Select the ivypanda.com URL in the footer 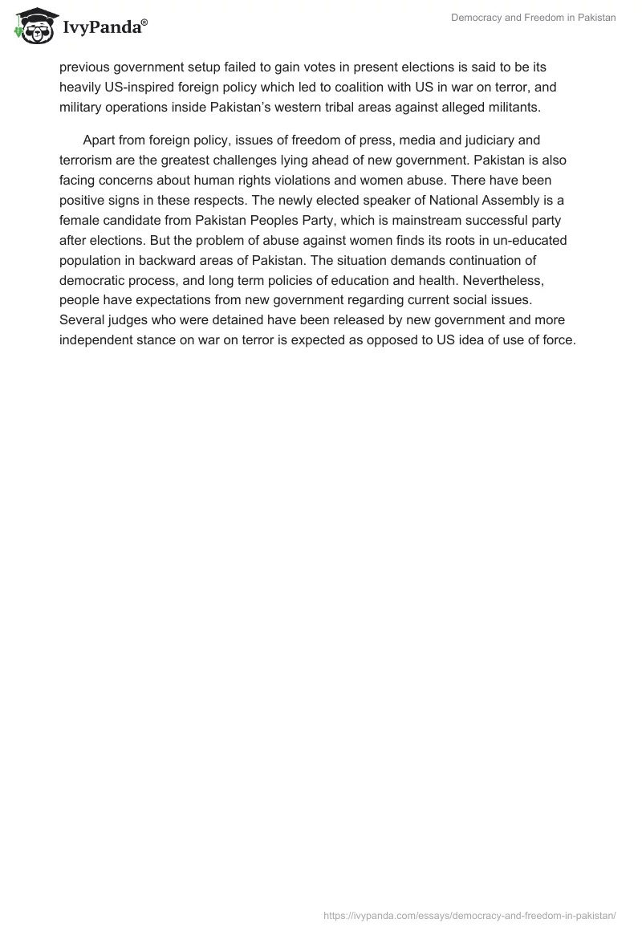point(469,915)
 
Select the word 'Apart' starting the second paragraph point(100,140)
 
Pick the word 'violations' point(291,180)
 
